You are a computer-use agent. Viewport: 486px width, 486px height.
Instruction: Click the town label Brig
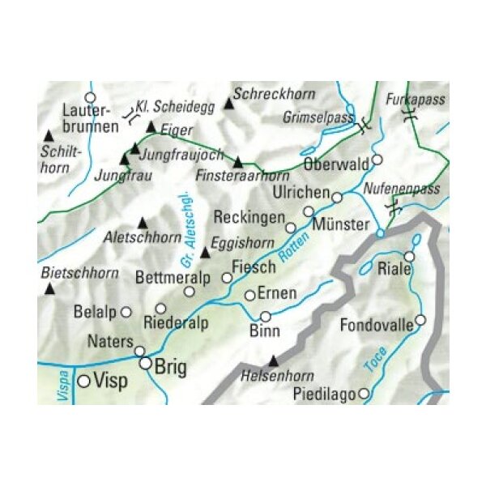170,368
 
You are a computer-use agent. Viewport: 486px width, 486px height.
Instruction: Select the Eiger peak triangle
151,127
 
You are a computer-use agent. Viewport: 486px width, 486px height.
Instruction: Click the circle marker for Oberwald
377,160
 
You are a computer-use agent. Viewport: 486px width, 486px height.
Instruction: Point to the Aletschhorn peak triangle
143,222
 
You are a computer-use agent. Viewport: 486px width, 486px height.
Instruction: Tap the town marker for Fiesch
228,278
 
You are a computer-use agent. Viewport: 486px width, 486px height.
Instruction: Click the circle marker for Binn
265,316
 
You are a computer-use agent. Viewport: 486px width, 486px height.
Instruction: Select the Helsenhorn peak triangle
273,360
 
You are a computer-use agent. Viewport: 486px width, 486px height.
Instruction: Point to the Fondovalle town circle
420,320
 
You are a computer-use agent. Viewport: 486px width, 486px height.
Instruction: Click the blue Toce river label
376,360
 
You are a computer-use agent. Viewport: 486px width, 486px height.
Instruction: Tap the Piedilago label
329,394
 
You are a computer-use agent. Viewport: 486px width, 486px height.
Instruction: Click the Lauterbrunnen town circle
91,97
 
